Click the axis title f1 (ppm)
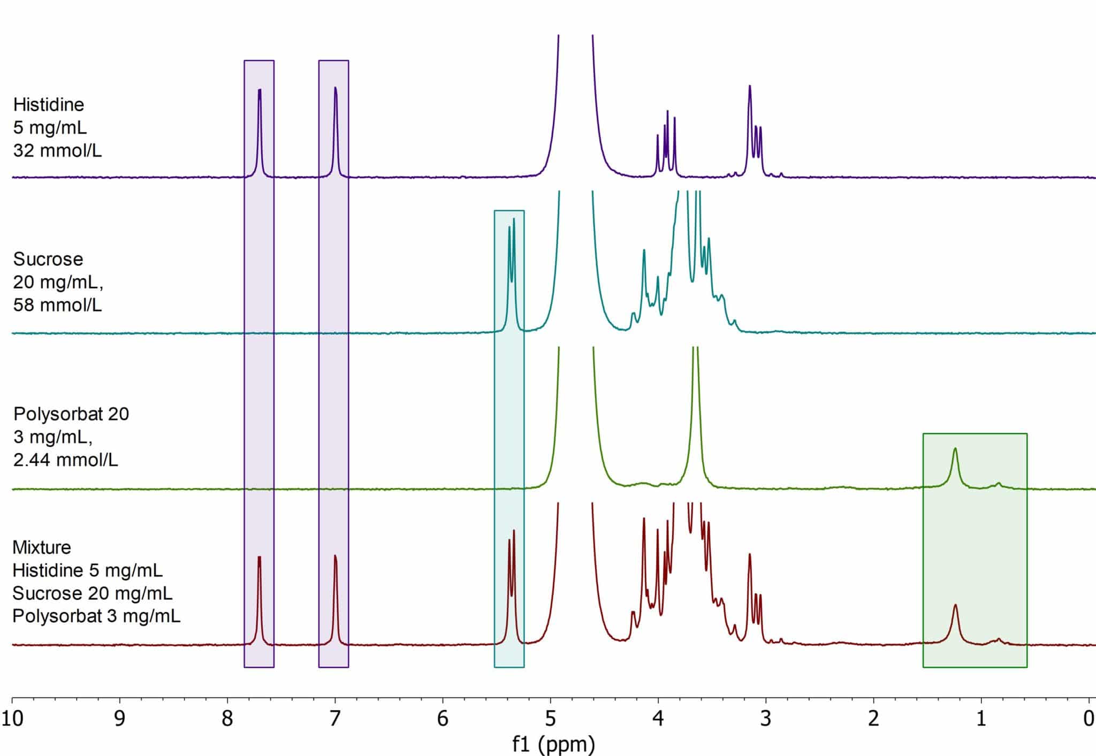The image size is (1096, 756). coord(553,744)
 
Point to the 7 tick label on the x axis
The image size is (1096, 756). coord(335,719)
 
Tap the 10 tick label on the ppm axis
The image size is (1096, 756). coord(12,719)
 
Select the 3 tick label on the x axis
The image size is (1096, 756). coord(766,719)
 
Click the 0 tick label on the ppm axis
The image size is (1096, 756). coord(1089,719)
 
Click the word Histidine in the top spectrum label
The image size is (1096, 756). coord(49,104)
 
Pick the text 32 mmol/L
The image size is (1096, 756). coord(57,150)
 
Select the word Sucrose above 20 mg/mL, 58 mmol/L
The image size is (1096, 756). coord(48,259)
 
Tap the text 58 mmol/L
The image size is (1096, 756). coord(57,305)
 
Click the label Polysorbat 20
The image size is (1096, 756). coord(71,414)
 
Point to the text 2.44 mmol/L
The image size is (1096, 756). coord(65,460)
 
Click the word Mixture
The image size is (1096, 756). coord(42,547)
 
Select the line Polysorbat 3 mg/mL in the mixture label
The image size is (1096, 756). coord(96,616)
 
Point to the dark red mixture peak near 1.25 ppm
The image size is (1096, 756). coord(955,607)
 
